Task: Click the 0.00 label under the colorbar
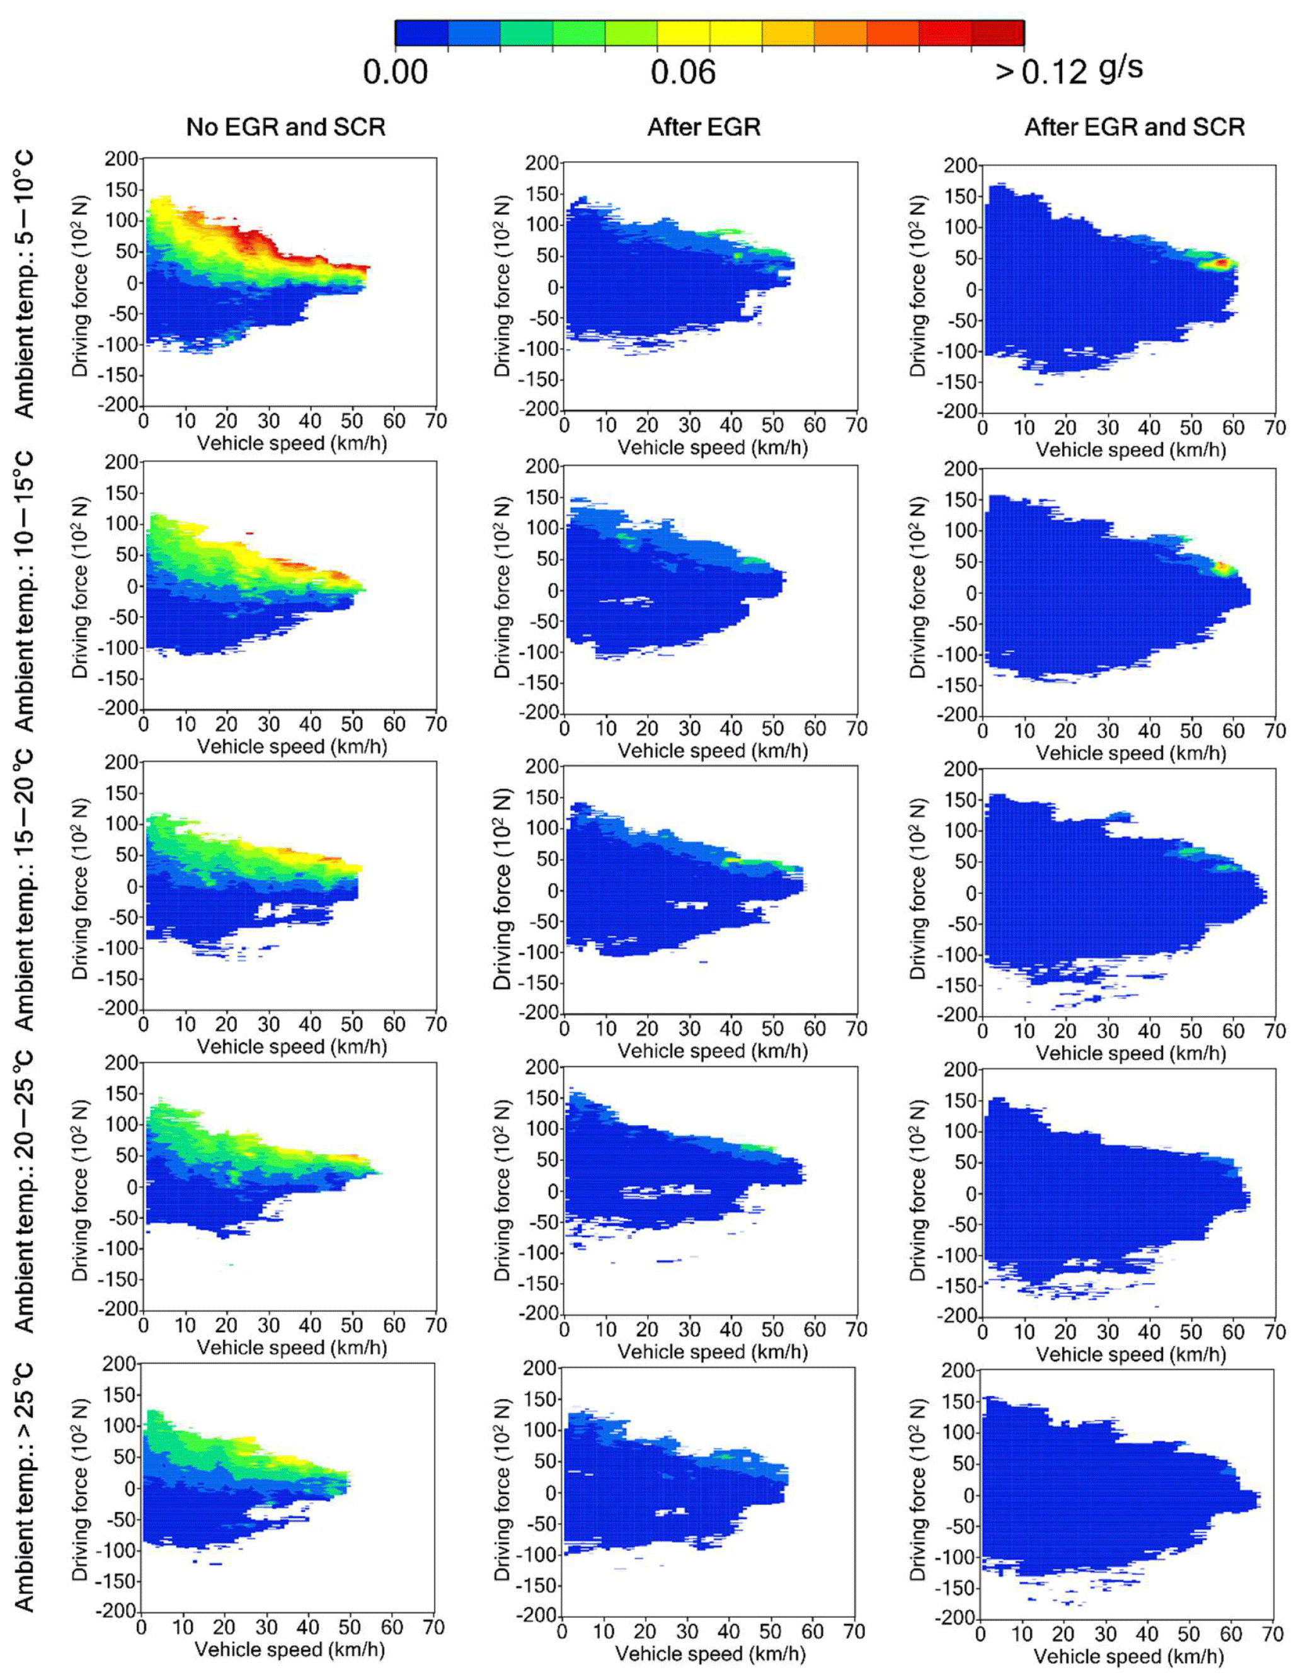[x=396, y=73]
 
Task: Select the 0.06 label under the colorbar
[x=682, y=73]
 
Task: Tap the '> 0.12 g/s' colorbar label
[x=1069, y=71]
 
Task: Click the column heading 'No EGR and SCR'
[x=285, y=127]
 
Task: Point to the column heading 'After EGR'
[x=703, y=127]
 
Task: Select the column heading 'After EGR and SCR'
[x=1134, y=127]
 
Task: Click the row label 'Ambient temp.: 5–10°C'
[x=25, y=285]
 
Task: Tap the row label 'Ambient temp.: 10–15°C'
[x=25, y=591]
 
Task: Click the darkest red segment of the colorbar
[x=997, y=33]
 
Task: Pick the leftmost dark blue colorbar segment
[x=421, y=33]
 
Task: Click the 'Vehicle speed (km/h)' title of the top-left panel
[x=292, y=443]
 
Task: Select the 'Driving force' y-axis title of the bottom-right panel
[x=918, y=1490]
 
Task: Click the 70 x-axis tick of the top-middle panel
[x=856, y=425]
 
